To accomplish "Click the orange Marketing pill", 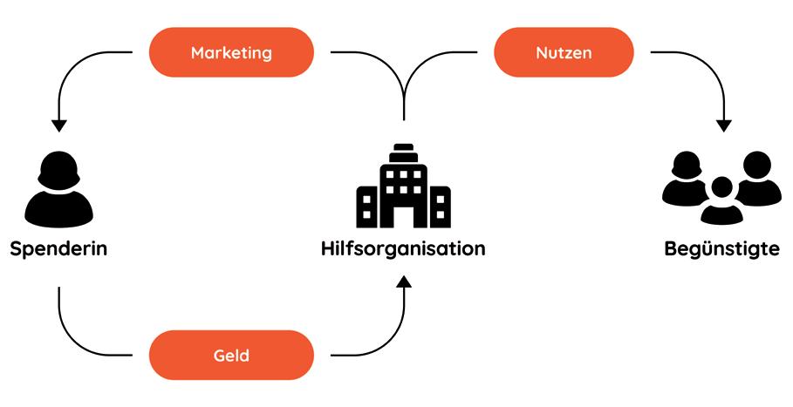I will point(231,52).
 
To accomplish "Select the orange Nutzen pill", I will point(564,52).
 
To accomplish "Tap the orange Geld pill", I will point(231,355).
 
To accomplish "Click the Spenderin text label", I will point(58,249).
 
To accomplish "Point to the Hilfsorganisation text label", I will point(402,249).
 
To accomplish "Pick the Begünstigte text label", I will point(721,249).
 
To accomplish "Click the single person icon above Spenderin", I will point(58,187).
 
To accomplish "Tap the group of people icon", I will point(721,187).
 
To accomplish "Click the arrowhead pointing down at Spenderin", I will point(58,125).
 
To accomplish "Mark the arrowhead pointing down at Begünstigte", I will point(723,125).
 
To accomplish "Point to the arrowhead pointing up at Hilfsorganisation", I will point(403,284).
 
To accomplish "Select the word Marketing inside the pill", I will point(231,52).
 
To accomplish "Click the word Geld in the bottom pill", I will point(231,355).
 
